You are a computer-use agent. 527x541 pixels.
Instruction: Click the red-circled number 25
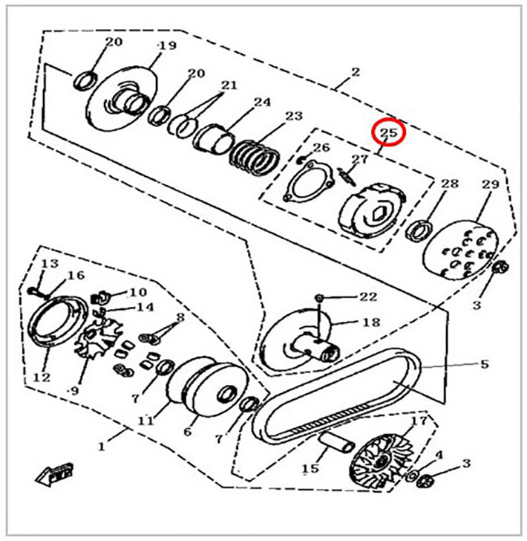coord(388,132)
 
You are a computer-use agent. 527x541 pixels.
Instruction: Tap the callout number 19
coord(167,45)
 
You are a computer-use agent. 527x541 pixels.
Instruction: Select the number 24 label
coord(262,102)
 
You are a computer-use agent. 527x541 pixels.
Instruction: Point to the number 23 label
coord(294,116)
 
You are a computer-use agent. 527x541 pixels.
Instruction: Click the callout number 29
coord(491,184)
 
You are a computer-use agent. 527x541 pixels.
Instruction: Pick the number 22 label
coord(368,297)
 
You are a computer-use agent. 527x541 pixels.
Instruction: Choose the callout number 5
coord(485,363)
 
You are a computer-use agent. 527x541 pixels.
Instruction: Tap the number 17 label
coord(419,421)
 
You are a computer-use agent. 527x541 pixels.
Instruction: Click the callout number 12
coord(42,378)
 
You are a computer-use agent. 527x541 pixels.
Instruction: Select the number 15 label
coord(310,468)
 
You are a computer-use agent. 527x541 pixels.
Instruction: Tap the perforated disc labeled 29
coord(461,251)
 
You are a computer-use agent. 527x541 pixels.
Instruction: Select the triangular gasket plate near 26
coord(309,182)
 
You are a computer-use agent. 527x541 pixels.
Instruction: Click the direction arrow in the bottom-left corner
coord(54,474)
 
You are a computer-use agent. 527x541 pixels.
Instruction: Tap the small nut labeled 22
coord(319,297)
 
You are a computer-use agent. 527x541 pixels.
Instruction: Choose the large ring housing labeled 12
coord(58,320)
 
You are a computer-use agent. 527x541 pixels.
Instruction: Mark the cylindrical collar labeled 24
coord(215,139)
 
